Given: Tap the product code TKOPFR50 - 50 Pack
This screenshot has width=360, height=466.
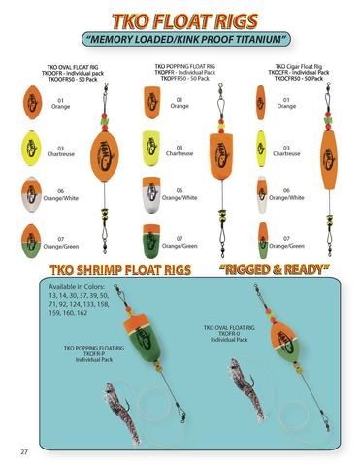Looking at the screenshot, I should click(183, 79).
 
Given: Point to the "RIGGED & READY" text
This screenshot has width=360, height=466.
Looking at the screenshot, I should click(275, 268).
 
